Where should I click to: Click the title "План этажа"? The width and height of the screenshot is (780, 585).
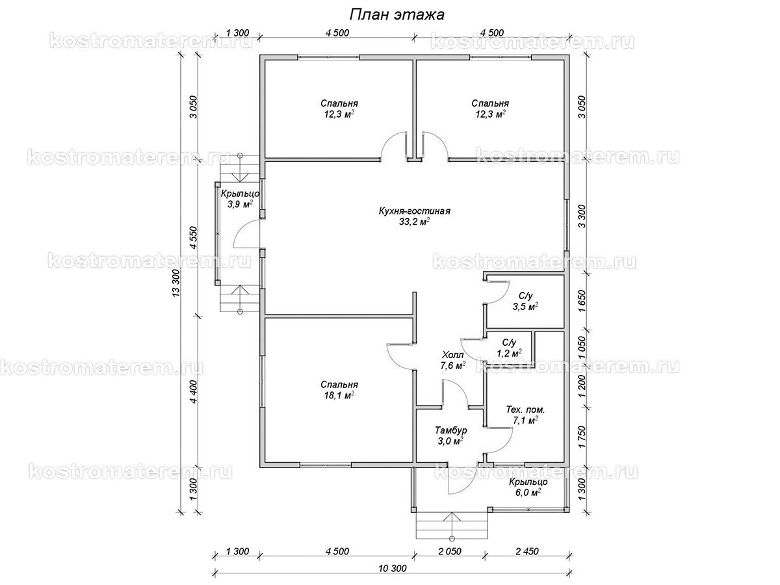(x=397, y=15)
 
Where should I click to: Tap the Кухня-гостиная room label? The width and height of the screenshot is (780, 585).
(x=414, y=211)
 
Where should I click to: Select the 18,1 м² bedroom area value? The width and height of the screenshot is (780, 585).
(x=339, y=395)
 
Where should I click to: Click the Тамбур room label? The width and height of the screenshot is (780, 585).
(x=451, y=430)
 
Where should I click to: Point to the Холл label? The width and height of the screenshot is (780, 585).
(x=452, y=355)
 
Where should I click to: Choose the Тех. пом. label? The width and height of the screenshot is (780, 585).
(x=525, y=409)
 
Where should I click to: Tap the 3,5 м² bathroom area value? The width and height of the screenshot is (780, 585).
(x=525, y=306)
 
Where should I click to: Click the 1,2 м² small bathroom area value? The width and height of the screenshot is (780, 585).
(x=509, y=353)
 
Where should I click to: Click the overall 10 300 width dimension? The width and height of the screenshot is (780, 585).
(x=393, y=568)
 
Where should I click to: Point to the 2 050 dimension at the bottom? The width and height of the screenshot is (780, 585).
(x=450, y=551)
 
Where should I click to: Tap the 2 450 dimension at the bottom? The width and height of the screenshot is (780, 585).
(x=527, y=551)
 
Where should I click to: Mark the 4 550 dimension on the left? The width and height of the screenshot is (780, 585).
(x=193, y=237)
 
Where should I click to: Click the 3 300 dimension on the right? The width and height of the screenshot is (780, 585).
(x=582, y=216)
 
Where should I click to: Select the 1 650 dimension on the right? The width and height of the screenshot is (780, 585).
(x=582, y=301)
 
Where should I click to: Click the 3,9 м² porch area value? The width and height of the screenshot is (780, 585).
(x=240, y=204)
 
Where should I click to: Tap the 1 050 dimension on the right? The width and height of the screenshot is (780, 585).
(x=582, y=348)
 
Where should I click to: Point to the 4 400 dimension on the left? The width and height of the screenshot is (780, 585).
(x=193, y=392)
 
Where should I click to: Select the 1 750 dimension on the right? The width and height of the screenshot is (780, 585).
(x=582, y=437)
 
